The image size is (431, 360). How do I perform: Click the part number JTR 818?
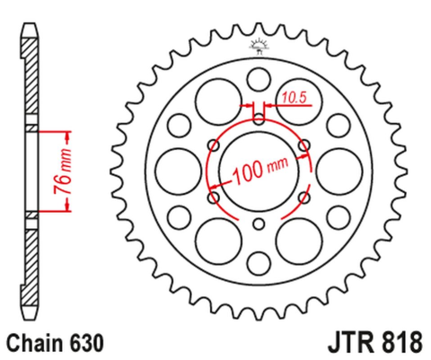pyautogui.click(x=362, y=342)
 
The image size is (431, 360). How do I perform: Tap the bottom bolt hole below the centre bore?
pyautogui.click(x=259, y=224)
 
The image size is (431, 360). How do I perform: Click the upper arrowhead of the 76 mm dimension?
pyautogui.click(x=67, y=132)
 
